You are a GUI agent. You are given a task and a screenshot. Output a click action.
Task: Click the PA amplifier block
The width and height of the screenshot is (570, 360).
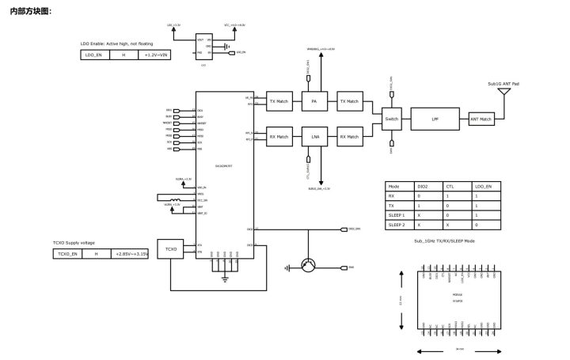click(x=314, y=101)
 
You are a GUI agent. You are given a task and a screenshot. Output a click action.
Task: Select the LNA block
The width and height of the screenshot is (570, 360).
click(x=314, y=137)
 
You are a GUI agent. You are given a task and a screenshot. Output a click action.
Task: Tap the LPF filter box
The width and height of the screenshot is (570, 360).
click(x=435, y=119)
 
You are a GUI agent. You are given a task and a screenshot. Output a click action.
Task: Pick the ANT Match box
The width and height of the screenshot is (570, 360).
click(x=481, y=119)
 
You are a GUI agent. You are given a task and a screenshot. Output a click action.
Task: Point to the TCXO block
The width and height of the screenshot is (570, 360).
click(x=170, y=249)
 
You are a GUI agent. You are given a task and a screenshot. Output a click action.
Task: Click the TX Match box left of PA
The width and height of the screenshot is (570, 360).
click(x=279, y=101)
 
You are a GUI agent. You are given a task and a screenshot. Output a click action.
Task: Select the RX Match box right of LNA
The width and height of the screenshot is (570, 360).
click(x=349, y=137)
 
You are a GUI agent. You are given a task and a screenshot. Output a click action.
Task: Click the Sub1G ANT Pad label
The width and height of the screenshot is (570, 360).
click(x=503, y=83)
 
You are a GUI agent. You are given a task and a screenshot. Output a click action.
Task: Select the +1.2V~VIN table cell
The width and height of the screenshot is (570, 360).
click(x=157, y=55)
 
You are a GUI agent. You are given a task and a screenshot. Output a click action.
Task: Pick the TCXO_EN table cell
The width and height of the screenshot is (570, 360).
click(x=67, y=253)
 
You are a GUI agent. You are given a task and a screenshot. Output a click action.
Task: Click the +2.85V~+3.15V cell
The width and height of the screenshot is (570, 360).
click(x=131, y=253)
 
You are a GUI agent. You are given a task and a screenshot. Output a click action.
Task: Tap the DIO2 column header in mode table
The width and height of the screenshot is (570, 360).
click(x=424, y=185)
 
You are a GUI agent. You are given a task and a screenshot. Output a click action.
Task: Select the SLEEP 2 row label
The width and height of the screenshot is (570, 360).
click(x=398, y=225)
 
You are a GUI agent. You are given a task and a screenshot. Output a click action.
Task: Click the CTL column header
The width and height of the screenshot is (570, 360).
click(x=450, y=185)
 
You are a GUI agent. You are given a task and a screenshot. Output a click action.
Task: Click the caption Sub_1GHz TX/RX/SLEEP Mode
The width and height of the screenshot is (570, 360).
click(x=444, y=241)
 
